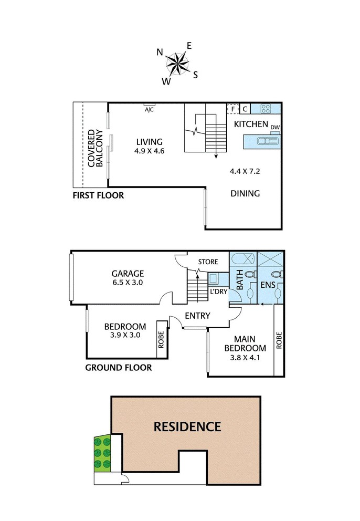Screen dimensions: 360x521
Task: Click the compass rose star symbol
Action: coord(177,63)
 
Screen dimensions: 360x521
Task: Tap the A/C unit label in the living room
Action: coord(149,109)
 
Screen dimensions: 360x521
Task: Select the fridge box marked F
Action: coord(233,109)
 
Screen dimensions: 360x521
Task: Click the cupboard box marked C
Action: coord(245,109)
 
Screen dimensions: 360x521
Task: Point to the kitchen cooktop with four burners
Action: coord(266,108)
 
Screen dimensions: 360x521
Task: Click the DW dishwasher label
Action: coord(275,127)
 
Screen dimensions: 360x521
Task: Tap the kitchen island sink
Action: coord(267,141)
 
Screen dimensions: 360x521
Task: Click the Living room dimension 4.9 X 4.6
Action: coord(150,151)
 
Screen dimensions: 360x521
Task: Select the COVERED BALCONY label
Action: coord(96,148)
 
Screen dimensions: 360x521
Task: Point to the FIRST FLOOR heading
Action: coord(98,195)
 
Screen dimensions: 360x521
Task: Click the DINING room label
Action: coord(245,193)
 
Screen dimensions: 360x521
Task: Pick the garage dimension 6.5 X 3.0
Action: coord(128,283)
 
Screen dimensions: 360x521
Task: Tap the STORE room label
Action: coord(208,262)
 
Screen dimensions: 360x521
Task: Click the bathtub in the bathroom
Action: coord(243,258)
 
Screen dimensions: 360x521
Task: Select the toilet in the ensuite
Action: coord(278,274)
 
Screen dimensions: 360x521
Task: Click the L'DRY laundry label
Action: coord(218,291)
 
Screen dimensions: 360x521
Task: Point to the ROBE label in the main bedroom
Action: coord(279,340)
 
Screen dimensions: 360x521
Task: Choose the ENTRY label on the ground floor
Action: coord(198,316)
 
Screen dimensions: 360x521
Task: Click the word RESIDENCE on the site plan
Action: coord(187,426)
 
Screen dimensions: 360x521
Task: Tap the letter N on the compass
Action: coord(160,52)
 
